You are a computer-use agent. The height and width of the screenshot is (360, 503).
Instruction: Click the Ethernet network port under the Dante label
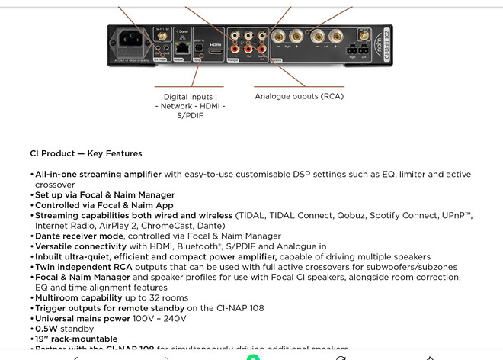[x=181, y=48]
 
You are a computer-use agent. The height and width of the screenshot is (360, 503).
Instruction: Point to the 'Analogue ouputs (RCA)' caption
[x=299, y=97]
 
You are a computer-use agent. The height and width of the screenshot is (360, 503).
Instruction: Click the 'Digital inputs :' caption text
[x=190, y=97]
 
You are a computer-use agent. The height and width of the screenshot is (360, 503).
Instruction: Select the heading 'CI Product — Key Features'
[x=85, y=153]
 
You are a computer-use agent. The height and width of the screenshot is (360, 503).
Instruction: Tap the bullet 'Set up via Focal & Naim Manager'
[x=104, y=195]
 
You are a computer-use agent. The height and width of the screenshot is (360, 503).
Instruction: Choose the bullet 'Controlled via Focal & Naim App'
[x=104, y=205]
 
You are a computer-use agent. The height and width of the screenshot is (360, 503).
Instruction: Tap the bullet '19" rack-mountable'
[x=76, y=339]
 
